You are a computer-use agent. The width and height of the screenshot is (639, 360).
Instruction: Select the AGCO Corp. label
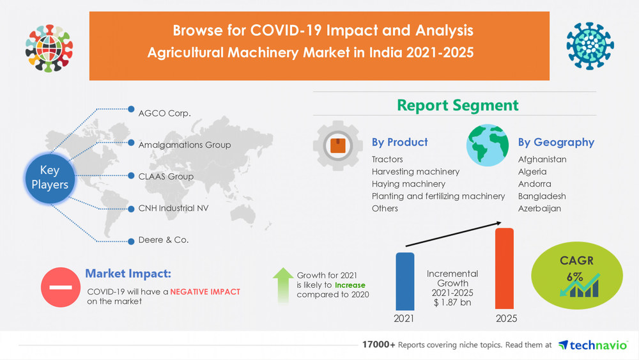coord(164,114)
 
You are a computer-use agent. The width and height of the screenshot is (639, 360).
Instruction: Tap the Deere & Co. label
coord(163,240)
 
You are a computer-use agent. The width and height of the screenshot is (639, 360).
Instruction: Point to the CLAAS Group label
coord(166,176)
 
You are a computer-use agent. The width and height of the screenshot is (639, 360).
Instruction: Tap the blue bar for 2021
coord(404,281)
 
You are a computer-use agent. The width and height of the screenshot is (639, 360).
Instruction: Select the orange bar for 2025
coord(504,269)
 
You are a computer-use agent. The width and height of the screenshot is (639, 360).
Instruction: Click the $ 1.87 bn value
coord(452,302)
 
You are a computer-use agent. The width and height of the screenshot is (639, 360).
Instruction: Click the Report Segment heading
coord(458,105)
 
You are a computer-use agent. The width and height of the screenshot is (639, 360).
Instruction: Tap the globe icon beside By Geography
coord(488,145)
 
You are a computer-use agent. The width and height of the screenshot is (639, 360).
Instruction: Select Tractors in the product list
coord(387,159)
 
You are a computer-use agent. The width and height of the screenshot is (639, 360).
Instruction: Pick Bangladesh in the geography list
coord(542,196)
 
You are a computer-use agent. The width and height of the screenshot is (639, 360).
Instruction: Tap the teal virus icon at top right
coord(590,44)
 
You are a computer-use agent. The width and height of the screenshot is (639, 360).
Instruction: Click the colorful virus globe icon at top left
coord(49,48)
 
